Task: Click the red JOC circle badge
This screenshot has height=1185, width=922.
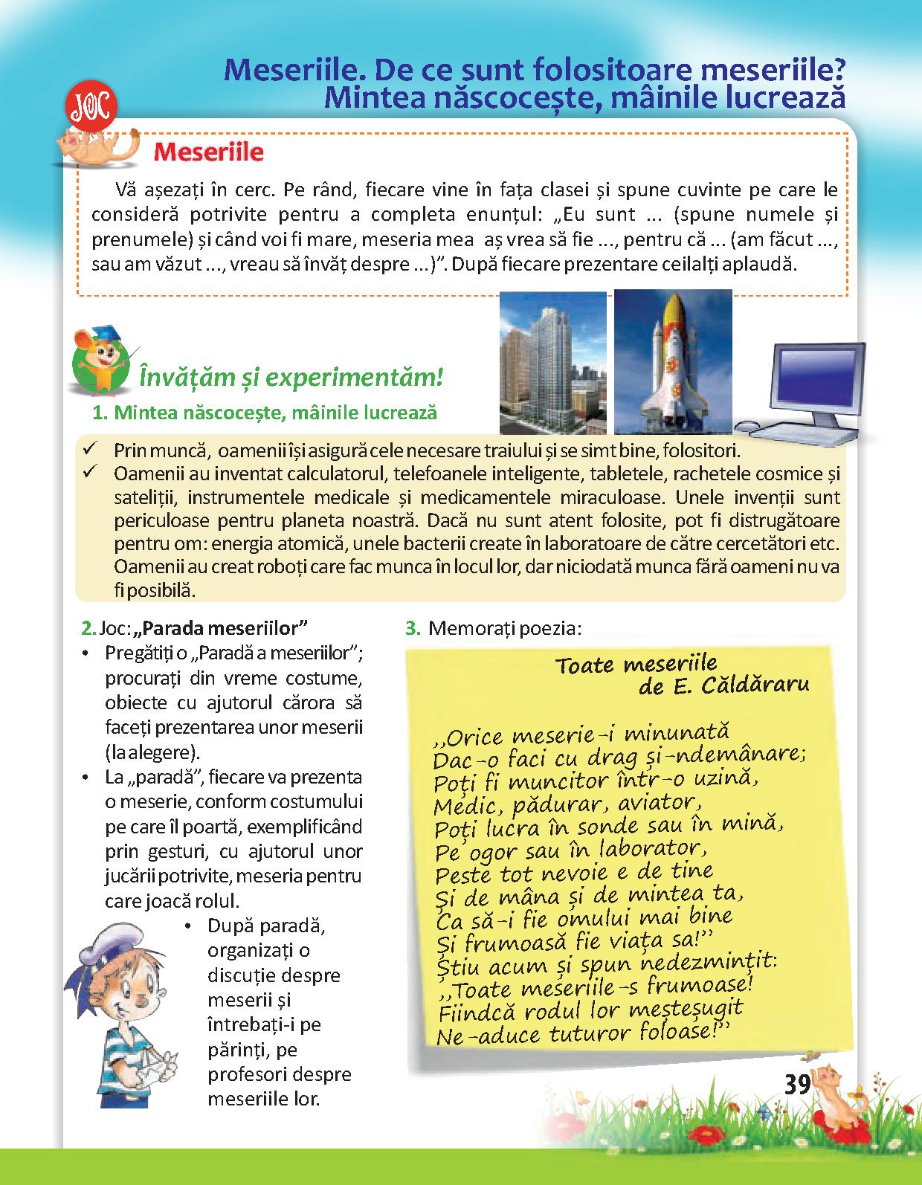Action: pos(91,109)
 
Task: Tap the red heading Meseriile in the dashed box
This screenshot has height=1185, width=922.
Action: pos(208,152)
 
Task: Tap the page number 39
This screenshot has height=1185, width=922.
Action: pos(796,1085)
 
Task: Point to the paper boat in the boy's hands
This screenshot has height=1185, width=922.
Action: pos(157,1065)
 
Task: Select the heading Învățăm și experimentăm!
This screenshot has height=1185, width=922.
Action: pos(291,378)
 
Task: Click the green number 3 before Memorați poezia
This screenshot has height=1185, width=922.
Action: pos(413,628)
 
